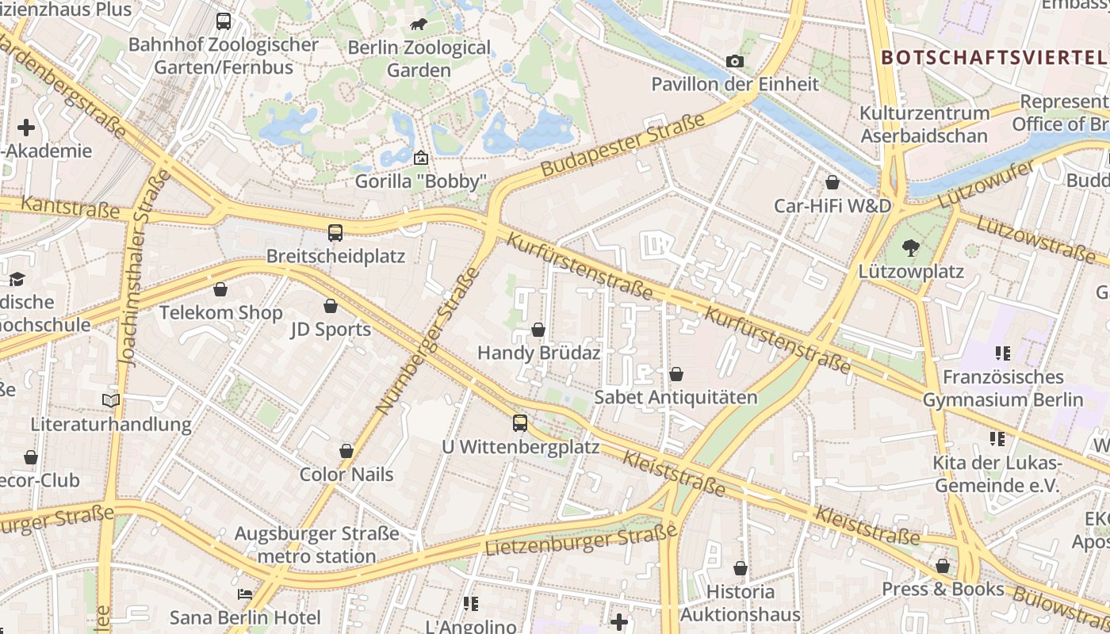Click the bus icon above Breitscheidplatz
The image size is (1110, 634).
[x=335, y=233]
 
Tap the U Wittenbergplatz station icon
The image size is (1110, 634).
[x=520, y=423]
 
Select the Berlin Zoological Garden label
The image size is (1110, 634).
[x=419, y=59]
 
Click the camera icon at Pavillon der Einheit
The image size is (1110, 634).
[x=735, y=61]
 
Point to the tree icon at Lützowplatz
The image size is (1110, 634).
[x=911, y=248]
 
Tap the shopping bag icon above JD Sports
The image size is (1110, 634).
[x=331, y=306]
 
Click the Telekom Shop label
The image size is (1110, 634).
[x=220, y=312]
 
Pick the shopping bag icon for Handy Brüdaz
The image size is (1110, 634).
[x=538, y=330]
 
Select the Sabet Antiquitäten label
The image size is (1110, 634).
[x=676, y=397]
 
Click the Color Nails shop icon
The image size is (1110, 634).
[x=346, y=451]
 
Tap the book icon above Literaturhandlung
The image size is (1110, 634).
[x=111, y=401]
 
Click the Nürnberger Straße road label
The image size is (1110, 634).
[x=428, y=341]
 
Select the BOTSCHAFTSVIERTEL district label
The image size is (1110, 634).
[x=993, y=57]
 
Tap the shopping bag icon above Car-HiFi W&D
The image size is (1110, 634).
[x=832, y=182]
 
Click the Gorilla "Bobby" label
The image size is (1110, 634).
[x=419, y=181]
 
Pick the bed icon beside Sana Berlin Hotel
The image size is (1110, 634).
[x=245, y=594]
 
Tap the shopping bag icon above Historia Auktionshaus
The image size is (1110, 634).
[x=740, y=568]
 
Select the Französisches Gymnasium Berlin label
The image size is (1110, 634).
[x=1002, y=388]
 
